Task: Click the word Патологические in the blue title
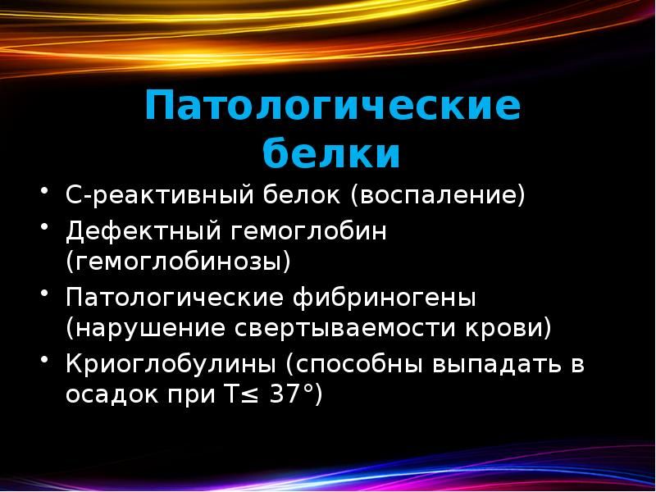[x=332, y=107]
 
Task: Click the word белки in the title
[x=332, y=153]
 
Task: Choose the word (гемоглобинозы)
[x=180, y=263]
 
